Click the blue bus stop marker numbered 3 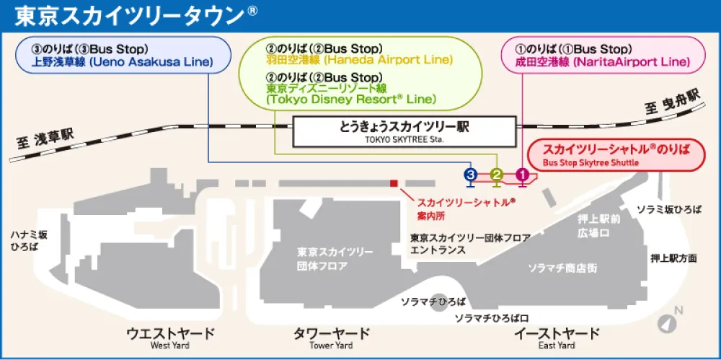pos(471,174)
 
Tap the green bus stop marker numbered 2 pos(496,174)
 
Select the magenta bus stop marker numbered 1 pos(522,174)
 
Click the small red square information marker pos(394,183)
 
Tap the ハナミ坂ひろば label pos(29,241)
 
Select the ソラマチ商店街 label pos(562,268)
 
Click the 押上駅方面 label pos(673,258)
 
